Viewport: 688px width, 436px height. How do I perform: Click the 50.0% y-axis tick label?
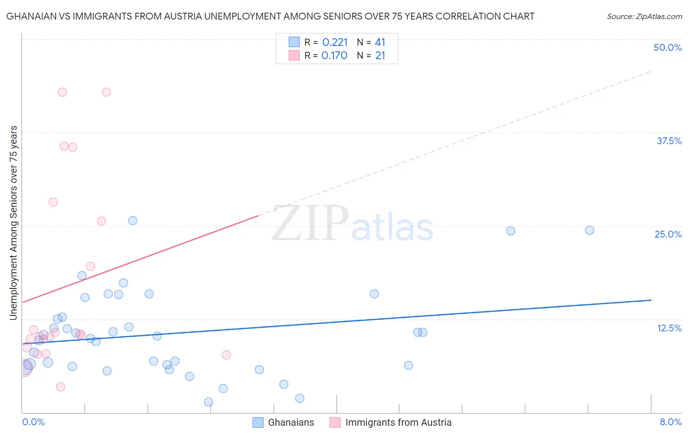coord(667,47)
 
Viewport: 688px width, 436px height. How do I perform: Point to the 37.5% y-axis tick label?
coord(669,141)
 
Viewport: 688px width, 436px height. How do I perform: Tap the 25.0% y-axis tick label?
coord(668,234)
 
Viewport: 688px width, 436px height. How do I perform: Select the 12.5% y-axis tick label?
coord(669,328)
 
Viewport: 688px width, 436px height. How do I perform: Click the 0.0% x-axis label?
coord(33,422)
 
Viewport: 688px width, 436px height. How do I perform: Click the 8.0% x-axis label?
coord(670,422)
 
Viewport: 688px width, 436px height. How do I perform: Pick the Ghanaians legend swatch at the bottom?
coord(258,422)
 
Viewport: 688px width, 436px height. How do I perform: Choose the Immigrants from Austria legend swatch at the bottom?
coord(335,422)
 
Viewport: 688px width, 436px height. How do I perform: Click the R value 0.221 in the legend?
coord(335,43)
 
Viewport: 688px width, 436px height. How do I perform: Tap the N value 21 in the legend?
coord(380,56)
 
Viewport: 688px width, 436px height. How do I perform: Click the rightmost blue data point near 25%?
coord(590,230)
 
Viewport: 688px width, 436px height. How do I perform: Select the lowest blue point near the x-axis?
coord(208,402)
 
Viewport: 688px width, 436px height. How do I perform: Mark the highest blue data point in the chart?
coord(133,220)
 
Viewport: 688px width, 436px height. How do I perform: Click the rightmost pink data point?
coord(226,355)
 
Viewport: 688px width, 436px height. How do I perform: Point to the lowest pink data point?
coord(61,387)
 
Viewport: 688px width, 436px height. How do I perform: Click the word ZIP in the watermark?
coord(310,223)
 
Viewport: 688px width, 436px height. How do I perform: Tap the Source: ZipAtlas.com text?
coord(644,17)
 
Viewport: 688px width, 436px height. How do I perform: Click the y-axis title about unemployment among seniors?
coord(13,223)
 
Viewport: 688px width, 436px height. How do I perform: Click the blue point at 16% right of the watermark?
coord(374,294)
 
